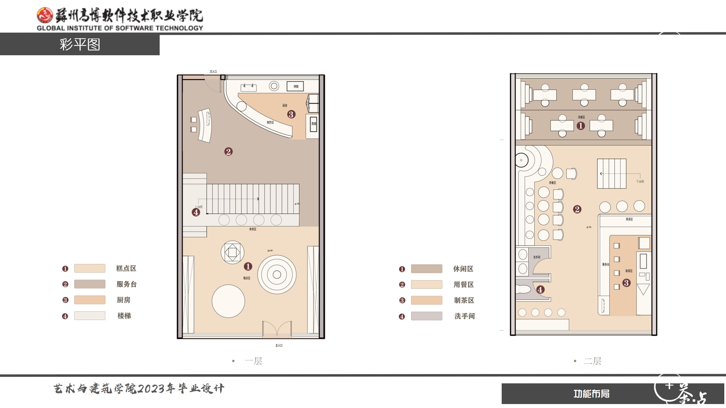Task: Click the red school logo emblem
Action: pos(45,15)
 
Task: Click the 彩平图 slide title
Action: pos(80,44)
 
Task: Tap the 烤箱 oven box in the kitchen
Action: pos(295,86)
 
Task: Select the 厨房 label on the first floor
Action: pos(285,105)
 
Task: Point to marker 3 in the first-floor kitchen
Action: pos(291,114)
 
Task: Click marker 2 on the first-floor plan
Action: pos(228,152)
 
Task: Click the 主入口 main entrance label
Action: pos(279,345)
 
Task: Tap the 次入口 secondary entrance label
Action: pos(213,72)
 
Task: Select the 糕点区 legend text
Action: pos(126,268)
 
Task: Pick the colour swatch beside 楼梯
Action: pos(90,316)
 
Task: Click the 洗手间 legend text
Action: pos(465,316)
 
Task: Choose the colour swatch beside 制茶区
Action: pos(427,300)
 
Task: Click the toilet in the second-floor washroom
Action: pos(523,289)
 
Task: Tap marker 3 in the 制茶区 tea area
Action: pos(626,283)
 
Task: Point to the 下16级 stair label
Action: pos(640,182)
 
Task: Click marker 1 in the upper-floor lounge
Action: pos(581,126)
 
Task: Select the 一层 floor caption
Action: pos(253,361)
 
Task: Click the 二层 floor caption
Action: pos(592,361)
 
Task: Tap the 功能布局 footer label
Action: pos(591,394)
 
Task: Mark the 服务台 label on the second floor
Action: pos(606,264)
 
